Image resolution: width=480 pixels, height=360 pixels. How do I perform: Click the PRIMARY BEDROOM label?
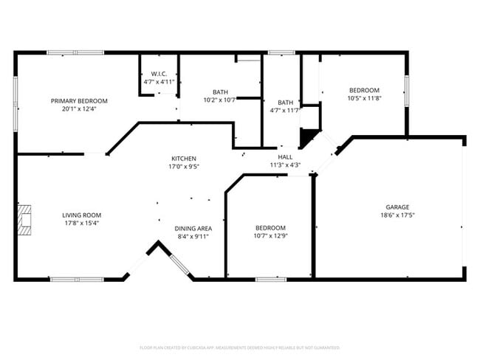point(79,100)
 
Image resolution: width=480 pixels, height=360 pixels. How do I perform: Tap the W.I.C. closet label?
point(160,74)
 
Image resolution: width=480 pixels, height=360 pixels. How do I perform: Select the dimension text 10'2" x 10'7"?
point(220,100)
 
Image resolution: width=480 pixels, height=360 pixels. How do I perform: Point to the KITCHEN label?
point(183,159)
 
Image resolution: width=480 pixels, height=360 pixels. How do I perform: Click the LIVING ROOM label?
point(81,215)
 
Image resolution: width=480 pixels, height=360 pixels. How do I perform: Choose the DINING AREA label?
point(193,228)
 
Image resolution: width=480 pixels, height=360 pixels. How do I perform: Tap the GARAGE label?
point(397,207)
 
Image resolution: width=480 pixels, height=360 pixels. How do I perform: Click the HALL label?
point(285,157)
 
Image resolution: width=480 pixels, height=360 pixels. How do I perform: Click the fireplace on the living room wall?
point(26,219)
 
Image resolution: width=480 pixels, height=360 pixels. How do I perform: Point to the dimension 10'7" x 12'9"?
point(270,236)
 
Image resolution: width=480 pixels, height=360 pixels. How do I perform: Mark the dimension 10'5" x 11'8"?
point(363,98)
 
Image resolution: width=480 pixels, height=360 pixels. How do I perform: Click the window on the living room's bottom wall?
point(77,279)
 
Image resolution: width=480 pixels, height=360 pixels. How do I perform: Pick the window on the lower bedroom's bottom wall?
point(270,279)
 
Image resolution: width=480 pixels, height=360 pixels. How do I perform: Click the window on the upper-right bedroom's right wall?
point(406,89)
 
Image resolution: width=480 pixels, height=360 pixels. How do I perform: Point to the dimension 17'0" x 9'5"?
point(183,167)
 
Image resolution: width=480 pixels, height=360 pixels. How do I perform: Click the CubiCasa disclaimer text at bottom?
point(239,347)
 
